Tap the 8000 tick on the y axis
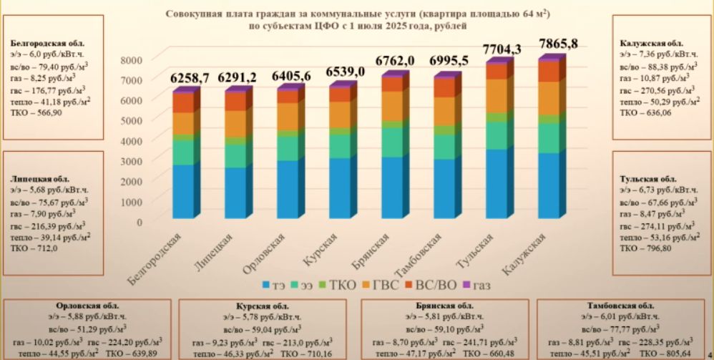tap(132, 60)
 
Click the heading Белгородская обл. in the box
tap(43, 43)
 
